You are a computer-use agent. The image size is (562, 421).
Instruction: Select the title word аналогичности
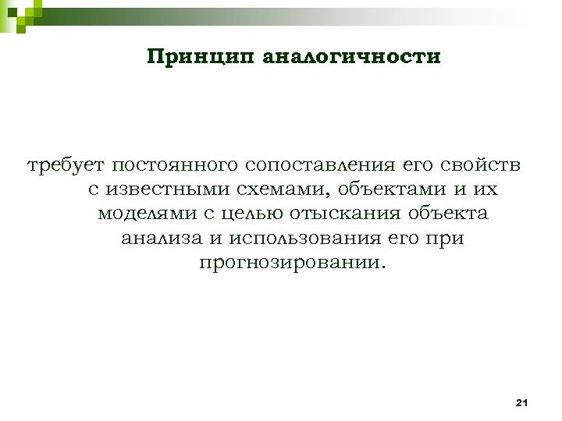click(351, 57)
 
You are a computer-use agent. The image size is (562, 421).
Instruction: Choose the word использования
click(293, 237)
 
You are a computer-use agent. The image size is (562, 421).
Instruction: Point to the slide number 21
click(522, 402)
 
